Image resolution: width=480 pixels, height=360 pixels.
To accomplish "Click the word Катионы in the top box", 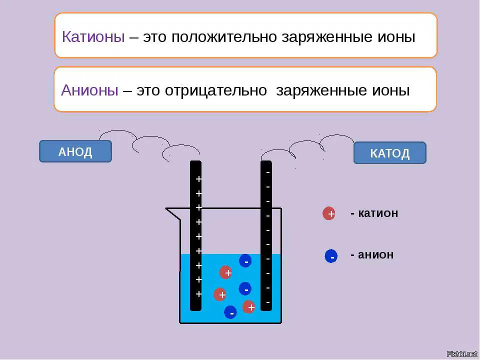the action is (x=93, y=36).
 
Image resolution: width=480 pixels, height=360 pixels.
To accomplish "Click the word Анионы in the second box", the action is (x=89, y=90).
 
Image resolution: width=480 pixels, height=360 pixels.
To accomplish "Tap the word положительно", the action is (x=224, y=37).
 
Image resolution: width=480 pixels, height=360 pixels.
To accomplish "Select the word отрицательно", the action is (x=216, y=90).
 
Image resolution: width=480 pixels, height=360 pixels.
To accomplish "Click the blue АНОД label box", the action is (x=75, y=151).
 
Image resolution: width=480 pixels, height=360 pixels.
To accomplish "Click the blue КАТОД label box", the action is (x=389, y=153).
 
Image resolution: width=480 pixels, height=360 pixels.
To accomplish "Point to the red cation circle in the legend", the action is (x=329, y=213).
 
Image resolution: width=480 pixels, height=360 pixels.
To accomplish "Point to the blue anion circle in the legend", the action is (x=331, y=256).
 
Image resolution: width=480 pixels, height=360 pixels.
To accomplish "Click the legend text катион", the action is (x=378, y=213).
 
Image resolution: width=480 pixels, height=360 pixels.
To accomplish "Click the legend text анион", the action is (x=375, y=254).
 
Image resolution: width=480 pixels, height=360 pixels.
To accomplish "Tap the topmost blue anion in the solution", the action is (x=245, y=261).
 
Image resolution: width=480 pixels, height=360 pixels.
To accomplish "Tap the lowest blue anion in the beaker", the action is (x=230, y=312).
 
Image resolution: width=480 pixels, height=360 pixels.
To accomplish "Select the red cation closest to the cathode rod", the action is (x=249, y=306).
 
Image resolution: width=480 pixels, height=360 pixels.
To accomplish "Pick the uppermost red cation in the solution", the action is (x=225, y=272).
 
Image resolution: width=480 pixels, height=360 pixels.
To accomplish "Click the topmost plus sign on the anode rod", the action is (x=198, y=179).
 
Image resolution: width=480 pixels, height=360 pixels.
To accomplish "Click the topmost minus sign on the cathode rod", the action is (x=268, y=172).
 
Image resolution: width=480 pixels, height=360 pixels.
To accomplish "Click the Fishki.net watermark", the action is (x=462, y=354).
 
